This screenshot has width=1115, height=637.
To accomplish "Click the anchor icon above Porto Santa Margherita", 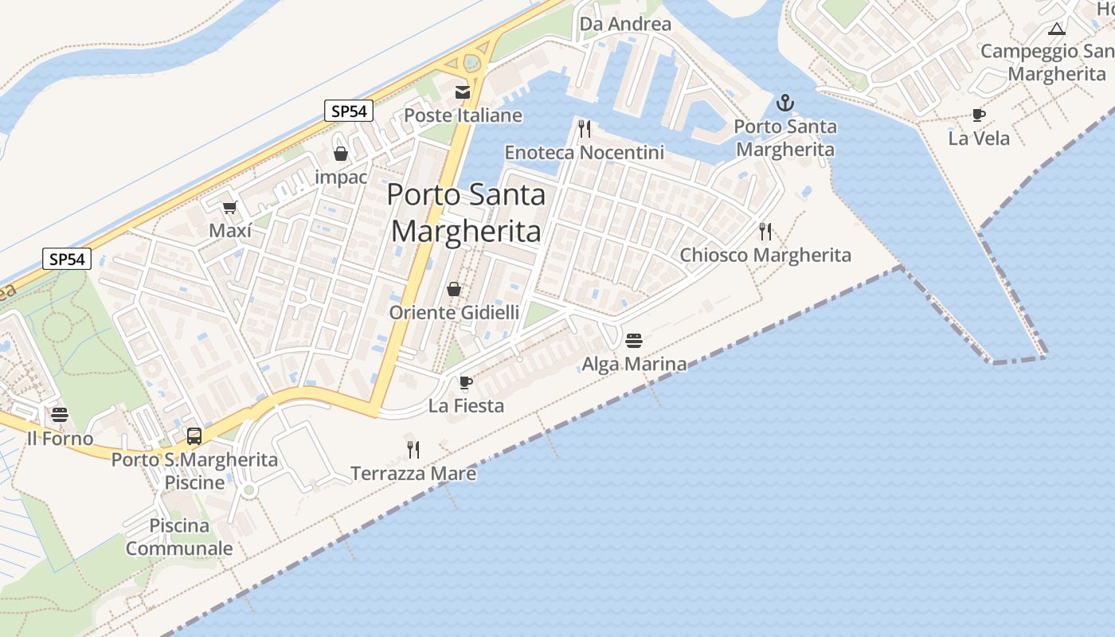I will point(785,103).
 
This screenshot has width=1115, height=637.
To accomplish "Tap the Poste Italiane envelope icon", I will point(463,92).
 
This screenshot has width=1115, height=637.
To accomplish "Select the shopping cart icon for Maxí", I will point(230,207).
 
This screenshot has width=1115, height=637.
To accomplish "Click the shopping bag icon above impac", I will point(341,154).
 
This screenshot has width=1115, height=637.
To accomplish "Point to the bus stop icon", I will point(194,436).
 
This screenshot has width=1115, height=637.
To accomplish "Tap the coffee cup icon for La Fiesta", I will point(466,383).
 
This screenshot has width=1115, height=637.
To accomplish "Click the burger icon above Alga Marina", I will point(634,341).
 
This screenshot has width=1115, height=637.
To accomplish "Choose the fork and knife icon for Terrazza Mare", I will point(413,450).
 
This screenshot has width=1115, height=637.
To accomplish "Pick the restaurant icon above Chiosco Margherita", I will point(765,232).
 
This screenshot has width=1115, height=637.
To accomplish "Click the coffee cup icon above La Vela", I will point(978,115).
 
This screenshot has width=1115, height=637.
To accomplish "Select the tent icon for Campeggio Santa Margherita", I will point(1057,29).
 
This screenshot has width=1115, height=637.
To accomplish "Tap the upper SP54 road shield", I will point(349,111).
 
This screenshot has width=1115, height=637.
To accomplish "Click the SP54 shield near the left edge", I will point(67,259).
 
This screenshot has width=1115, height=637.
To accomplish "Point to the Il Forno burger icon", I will point(60,415).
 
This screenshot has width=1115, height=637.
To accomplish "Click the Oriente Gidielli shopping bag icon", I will point(454,289).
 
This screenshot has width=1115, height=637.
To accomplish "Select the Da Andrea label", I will point(625,24).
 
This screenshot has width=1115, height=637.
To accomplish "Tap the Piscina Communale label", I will point(179,537).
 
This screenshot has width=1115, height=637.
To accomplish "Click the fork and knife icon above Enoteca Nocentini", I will point(585,128).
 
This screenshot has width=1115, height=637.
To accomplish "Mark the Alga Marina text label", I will point(634,365).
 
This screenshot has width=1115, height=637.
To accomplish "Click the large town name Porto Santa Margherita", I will point(467,213).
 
